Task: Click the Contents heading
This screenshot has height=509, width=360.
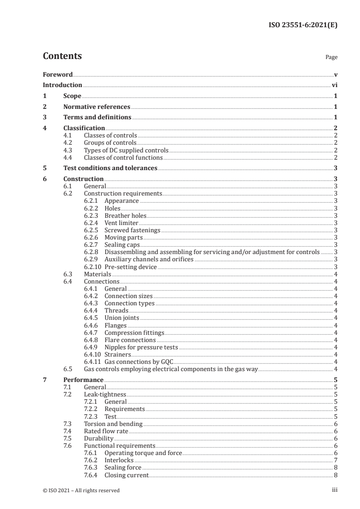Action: [62, 56]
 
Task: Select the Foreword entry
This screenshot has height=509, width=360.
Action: [58, 74]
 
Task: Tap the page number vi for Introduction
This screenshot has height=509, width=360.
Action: [334, 85]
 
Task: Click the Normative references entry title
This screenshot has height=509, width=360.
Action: [97, 107]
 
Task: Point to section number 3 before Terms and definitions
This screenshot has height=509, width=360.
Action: [44, 117]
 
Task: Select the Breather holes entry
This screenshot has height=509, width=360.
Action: [125, 215]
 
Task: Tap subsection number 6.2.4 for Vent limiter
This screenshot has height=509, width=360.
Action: [92, 223]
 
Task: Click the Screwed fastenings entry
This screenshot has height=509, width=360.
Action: [133, 230]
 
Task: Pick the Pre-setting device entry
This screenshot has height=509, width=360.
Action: [131, 267]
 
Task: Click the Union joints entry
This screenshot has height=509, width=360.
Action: [122, 318]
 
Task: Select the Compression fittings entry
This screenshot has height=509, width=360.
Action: [134, 332]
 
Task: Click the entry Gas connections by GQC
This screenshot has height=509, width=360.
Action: [139, 362]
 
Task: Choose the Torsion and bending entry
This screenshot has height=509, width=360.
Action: [113, 424]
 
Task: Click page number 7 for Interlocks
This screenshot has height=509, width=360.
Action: [335, 460]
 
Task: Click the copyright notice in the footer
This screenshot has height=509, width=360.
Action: [81, 490]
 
